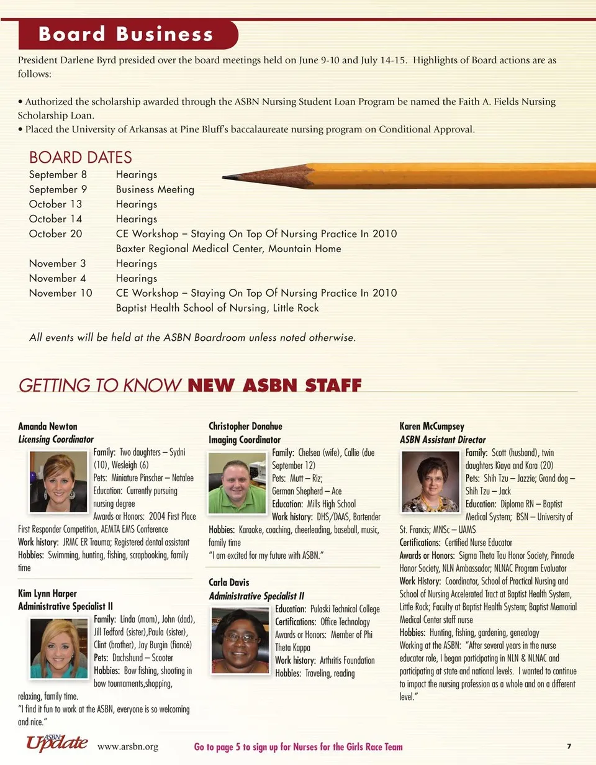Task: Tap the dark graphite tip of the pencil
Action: [228, 177]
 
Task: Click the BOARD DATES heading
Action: [81, 157]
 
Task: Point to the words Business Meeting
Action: [155, 189]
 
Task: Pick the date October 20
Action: [55, 234]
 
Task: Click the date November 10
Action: [60, 293]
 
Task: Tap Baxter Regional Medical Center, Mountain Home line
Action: [228, 249]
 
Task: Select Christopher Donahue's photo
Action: [237, 482]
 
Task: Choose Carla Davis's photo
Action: [240, 640]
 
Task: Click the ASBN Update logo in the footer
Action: [56, 743]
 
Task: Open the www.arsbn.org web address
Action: [128, 747]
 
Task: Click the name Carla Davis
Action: [228, 583]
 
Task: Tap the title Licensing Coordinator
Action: [56, 440]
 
